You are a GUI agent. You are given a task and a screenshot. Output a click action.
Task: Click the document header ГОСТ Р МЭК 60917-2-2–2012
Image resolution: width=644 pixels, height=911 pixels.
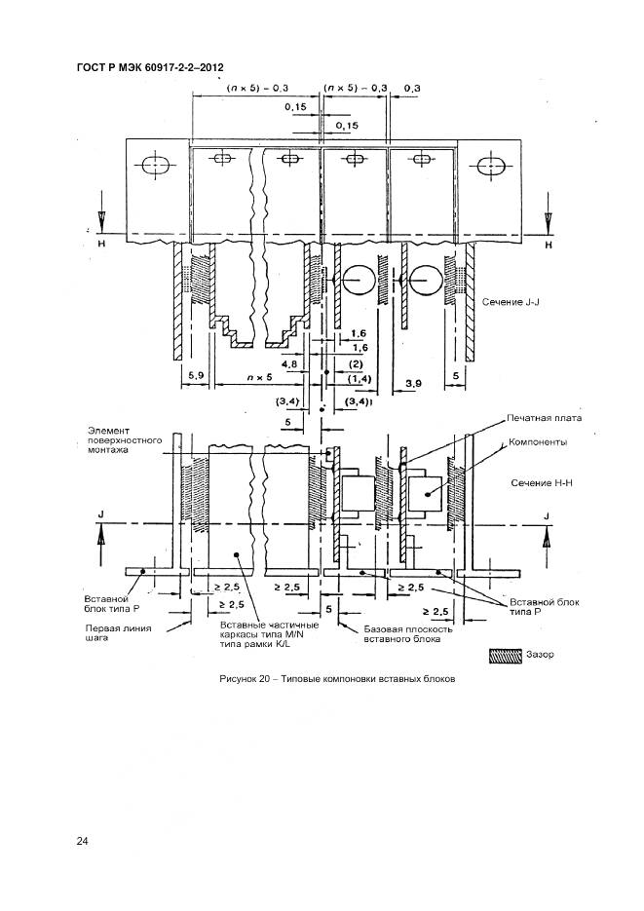coord(149,67)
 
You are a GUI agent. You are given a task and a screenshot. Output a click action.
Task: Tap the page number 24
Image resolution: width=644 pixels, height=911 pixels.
coord(83,841)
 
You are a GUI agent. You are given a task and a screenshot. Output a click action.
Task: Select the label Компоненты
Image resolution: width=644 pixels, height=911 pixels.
coord(540,441)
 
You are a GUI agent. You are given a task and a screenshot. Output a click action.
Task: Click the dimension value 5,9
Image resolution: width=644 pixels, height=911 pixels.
coord(194,374)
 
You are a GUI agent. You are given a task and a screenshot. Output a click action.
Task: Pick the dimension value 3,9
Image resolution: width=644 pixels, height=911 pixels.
coord(413,385)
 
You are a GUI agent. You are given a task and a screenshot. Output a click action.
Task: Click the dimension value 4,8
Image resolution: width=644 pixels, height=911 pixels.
coord(289,364)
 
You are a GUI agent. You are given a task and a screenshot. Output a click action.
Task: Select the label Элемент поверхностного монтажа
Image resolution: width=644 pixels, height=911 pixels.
coord(123,441)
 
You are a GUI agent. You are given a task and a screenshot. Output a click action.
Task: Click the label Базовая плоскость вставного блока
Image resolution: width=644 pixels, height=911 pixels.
coord(407,634)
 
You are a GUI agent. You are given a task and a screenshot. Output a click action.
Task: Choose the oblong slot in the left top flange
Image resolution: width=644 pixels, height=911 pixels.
coord(155,167)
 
